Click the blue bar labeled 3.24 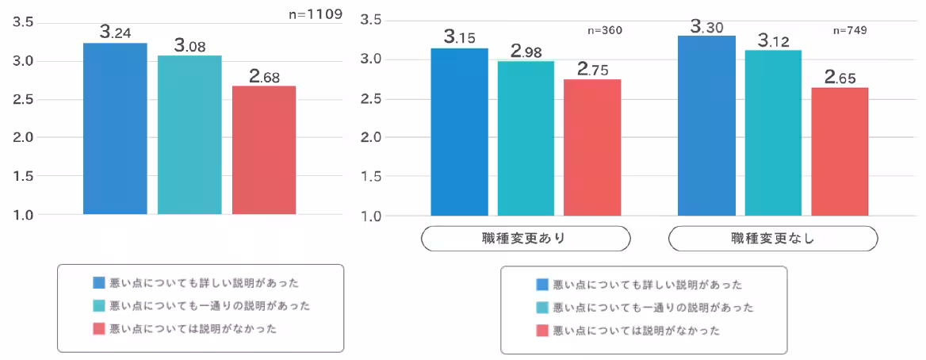pos(115,128)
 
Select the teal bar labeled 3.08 pos(189,135)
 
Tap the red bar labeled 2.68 pos(264,150)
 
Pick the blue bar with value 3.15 pos(459,132)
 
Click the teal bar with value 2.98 pos(526,138)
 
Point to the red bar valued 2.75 pos(592,147)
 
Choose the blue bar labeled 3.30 pos(707,125)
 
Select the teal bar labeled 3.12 pos(773,132)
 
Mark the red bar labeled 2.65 pos(840,151)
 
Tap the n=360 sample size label pos(605,31)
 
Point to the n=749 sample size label pos(849,31)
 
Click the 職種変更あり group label pos(525,238)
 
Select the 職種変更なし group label pos(773,238)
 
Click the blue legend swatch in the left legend pos(99,282)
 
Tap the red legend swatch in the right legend pos(543,331)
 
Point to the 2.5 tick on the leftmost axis pos(23,100)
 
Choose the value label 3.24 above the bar pos(115,33)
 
